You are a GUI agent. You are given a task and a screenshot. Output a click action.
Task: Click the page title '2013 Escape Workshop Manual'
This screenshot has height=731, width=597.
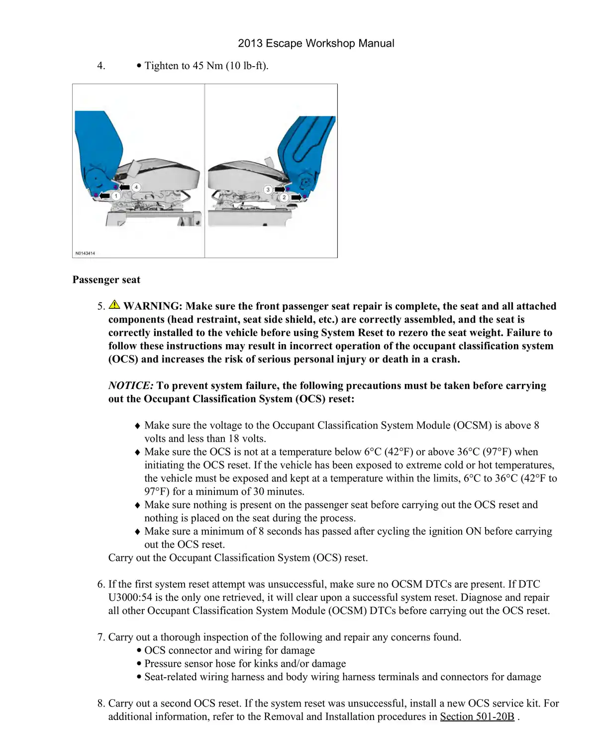click(x=316, y=43)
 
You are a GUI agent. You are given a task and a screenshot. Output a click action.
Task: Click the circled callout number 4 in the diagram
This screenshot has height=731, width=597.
click(x=136, y=187)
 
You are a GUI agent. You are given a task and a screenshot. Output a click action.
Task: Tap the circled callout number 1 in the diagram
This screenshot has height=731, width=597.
click(x=116, y=196)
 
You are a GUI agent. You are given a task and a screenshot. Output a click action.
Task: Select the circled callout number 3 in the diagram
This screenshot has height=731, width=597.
click(x=268, y=189)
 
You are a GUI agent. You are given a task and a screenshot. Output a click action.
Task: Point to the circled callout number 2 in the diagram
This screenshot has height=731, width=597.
click(x=284, y=197)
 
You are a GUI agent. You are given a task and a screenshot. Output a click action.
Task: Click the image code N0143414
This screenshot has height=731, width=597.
click(x=85, y=253)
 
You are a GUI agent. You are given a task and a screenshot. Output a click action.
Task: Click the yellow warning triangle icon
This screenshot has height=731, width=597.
click(x=114, y=305)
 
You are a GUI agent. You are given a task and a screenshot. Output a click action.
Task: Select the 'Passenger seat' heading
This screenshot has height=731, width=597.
click(x=106, y=280)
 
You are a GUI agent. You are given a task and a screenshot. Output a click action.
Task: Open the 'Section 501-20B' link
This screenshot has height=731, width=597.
click(x=477, y=717)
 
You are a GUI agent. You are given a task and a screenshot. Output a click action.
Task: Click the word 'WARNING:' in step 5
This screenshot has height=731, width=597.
click(x=153, y=306)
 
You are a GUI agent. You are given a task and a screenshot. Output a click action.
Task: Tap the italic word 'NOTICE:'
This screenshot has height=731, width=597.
click(x=131, y=386)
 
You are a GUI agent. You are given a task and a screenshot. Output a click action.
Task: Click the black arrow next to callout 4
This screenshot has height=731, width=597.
click(x=124, y=187)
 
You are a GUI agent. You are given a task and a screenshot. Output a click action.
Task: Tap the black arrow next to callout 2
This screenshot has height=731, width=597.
click(x=297, y=197)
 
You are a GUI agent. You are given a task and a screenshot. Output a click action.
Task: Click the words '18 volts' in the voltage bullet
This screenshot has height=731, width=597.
click(x=247, y=439)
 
